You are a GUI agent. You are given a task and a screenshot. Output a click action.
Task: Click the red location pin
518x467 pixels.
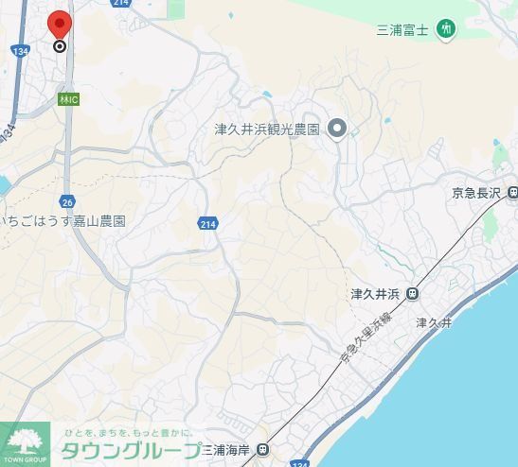pos(60,24)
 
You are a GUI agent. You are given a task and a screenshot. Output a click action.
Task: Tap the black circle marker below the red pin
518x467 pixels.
pos(60,45)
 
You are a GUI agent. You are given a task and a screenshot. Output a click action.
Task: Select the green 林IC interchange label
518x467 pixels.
pos(68,98)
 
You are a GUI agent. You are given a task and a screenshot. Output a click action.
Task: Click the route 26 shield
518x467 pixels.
pos(66,201)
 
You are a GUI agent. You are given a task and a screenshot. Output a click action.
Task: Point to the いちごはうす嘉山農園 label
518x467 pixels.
pos(64,221)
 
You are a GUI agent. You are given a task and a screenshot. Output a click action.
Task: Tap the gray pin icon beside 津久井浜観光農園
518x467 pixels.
pos(337,129)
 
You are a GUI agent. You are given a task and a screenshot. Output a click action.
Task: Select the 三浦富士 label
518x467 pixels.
pos(403,30)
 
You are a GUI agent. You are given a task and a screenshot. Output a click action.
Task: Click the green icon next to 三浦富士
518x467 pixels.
pos(446,30)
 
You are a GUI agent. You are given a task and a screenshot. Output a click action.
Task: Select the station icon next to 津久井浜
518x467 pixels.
pos(412,293)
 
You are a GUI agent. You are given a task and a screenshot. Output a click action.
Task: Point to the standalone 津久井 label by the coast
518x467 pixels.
pos(435,323)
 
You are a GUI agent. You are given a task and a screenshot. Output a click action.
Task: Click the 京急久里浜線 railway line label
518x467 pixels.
pos(365,343)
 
